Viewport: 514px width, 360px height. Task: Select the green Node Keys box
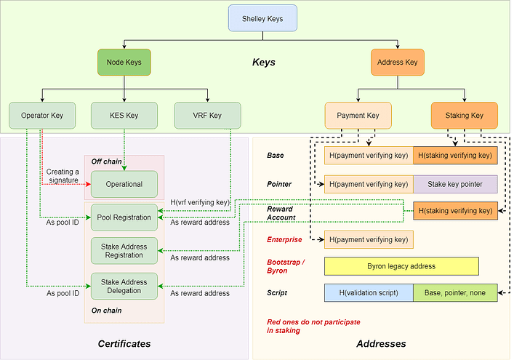tap(124, 63)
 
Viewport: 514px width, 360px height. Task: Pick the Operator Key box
tap(42, 116)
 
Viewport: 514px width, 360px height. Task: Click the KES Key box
tap(124, 116)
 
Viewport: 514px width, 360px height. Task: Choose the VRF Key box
tap(208, 116)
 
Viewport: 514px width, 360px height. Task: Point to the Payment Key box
tap(358, 116)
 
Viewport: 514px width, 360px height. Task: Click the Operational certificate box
tap(124, 184)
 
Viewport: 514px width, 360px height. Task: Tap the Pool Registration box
tap(124, 217)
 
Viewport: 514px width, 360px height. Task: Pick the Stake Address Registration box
tap(124, 252)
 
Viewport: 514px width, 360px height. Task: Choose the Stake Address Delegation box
tap(124, 287)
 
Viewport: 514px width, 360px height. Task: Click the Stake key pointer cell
tap(455, 184)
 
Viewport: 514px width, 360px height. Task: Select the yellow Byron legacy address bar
tap(401, 266)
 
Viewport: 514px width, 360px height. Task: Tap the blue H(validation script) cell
tap(369, 293)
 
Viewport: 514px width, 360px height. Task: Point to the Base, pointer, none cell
tap(455, 293)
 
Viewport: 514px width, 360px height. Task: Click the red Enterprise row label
tap(284, 239)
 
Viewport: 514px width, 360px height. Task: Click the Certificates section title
tap(124, 343)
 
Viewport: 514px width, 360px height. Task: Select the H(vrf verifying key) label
tap(200, 201)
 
